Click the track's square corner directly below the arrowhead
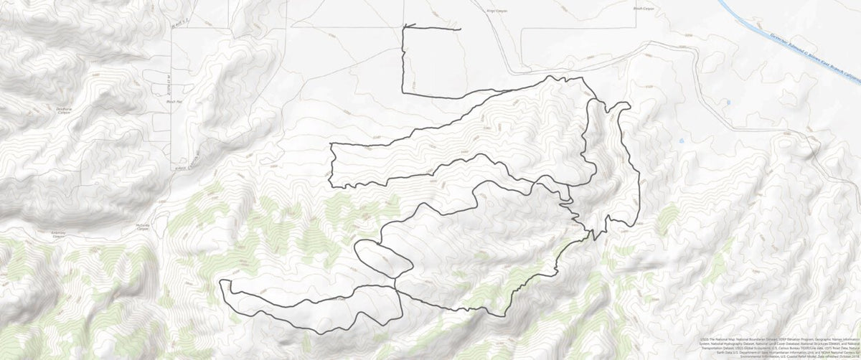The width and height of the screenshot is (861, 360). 403,92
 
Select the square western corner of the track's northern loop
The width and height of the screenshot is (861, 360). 332,144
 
